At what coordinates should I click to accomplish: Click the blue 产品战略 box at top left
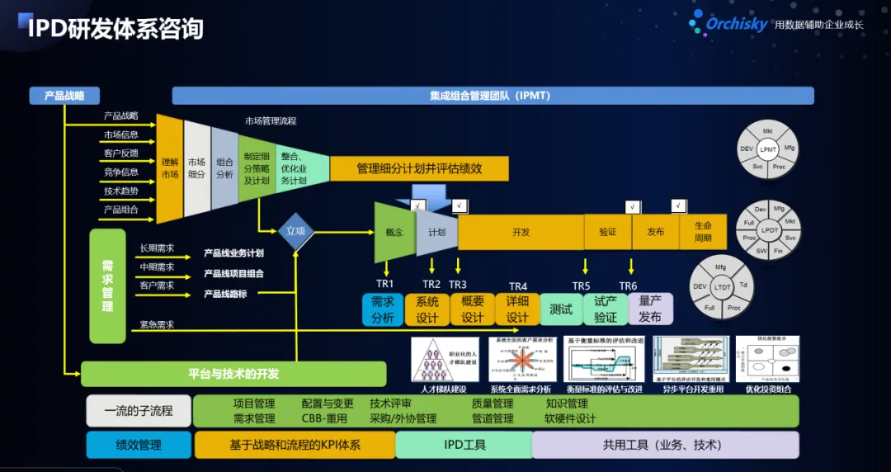(x=64, y=96)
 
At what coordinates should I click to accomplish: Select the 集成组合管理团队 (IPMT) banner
(x=493, y=96)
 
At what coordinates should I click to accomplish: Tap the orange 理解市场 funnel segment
(x=169, y=168)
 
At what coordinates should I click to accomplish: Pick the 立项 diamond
(x=296, y=231)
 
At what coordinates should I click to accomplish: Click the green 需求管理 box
(x=107, y=286)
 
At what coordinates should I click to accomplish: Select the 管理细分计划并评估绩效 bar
(x=419, y=168)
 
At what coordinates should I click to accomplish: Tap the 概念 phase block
(x=394, y=232)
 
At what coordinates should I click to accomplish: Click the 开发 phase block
(x=521, y=232)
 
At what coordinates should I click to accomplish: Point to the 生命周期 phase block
(x=703, y=232)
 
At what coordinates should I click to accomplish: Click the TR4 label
(x=518, y=286)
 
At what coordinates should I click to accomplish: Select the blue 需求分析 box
(x=383, y=309)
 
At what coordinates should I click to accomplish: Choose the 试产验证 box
(x=606, y=309)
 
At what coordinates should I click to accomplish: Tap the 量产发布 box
(x=650, y=309)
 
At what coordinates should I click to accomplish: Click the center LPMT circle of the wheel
(x=769, y=149)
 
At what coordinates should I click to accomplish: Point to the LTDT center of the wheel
(x=723, y=287)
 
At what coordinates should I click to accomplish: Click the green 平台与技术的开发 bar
(x=233, y=374)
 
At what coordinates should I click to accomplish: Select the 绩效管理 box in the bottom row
(x=139, y=445)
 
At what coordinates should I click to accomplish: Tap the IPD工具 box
(x=464, y=445)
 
